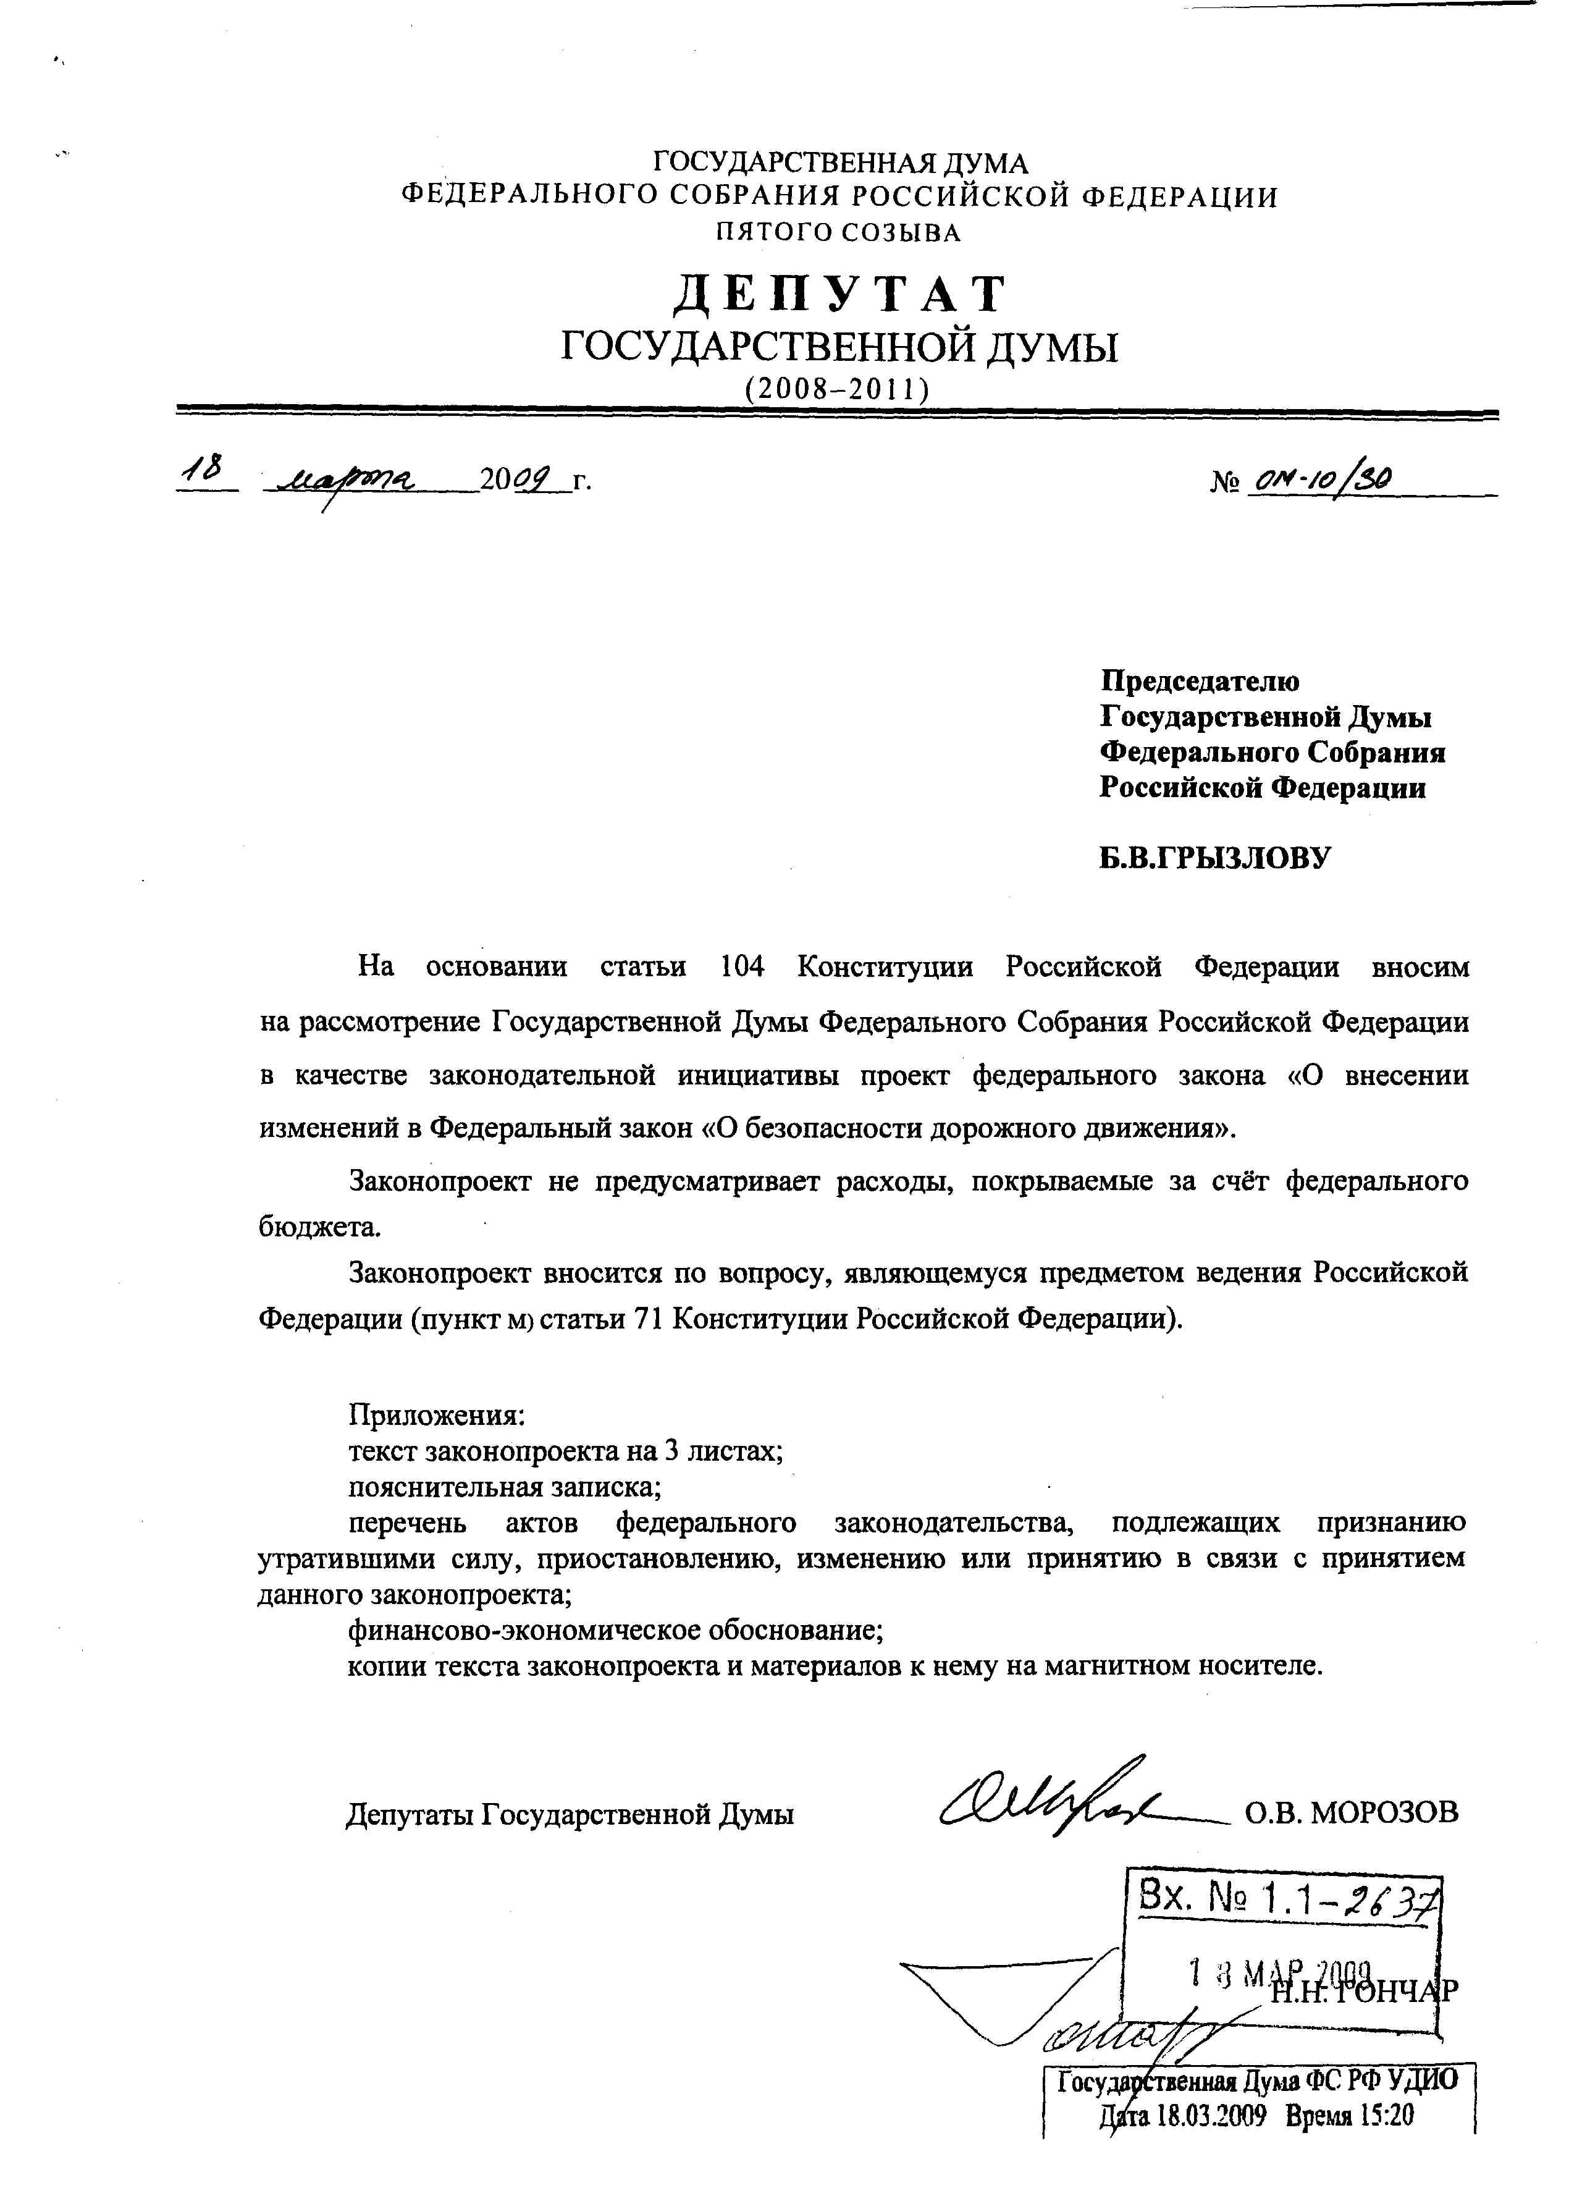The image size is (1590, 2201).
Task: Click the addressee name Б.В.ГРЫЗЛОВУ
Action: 1214,858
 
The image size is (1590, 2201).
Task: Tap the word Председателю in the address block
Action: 1199,682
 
